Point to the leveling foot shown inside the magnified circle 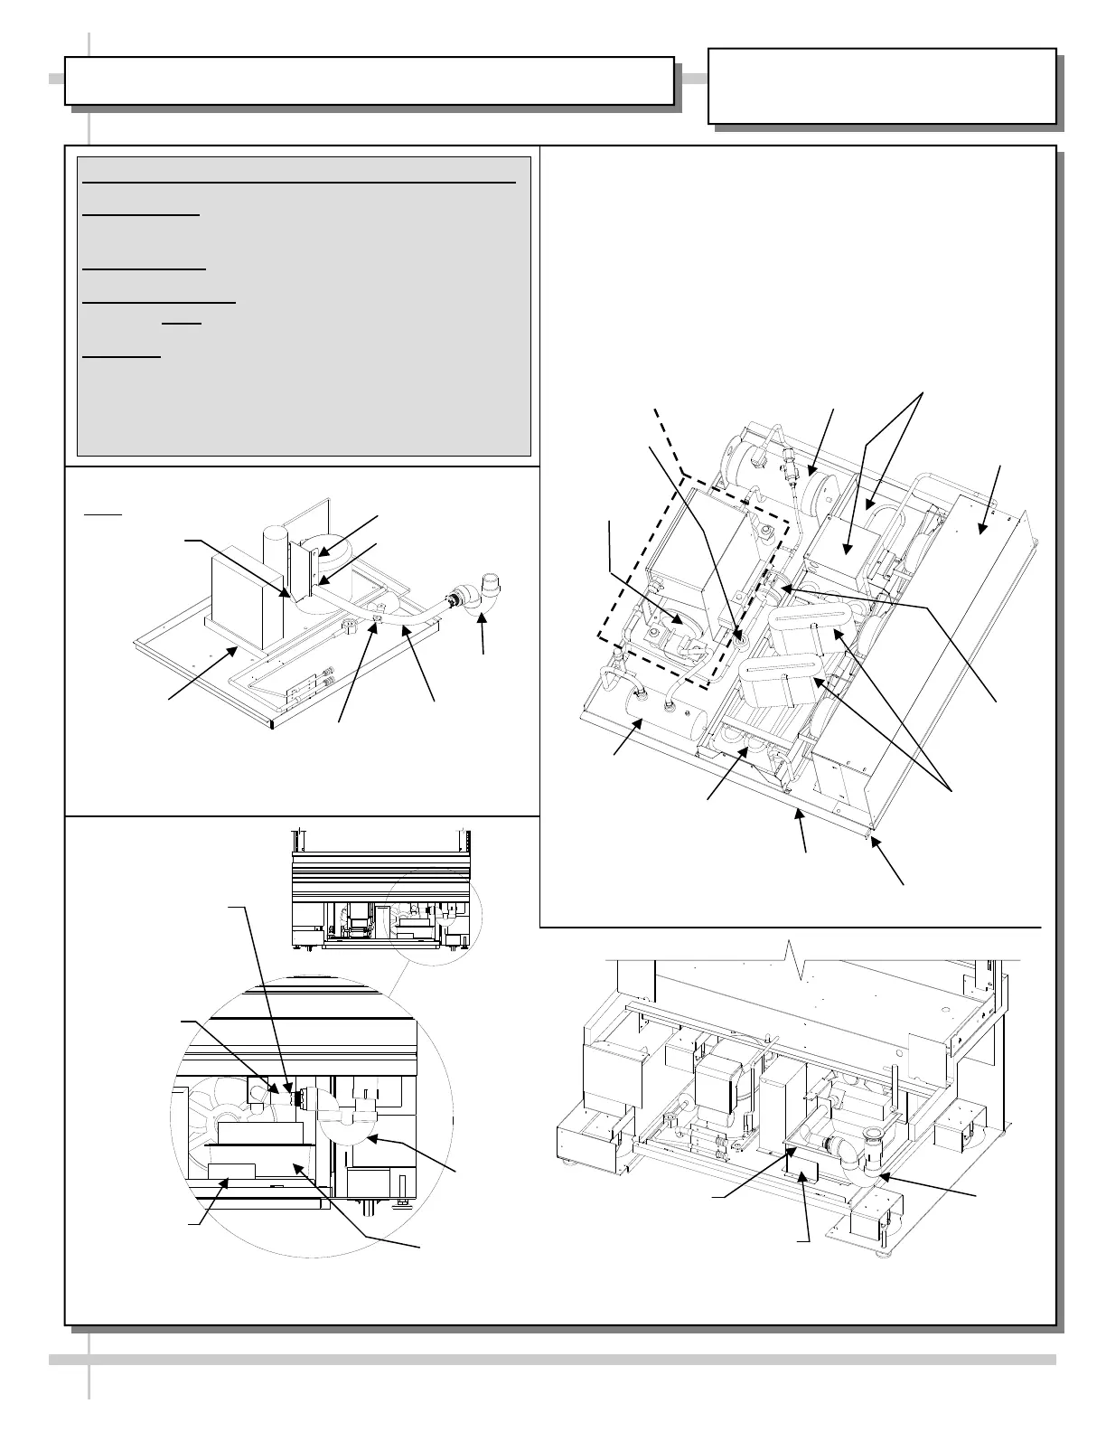click(401, 1201)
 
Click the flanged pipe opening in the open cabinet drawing click(873, 1135)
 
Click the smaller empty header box click(882, 86)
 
